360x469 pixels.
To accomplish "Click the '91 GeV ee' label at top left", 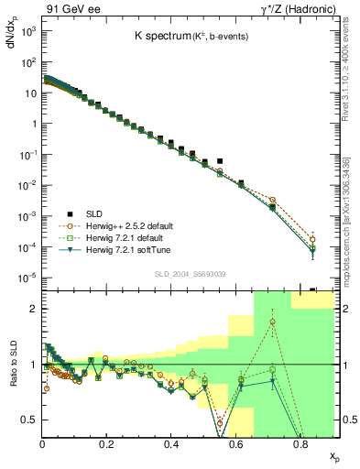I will point(69,9).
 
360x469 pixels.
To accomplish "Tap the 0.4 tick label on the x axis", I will point(171,442).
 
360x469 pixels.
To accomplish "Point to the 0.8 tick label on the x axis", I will point(300,442).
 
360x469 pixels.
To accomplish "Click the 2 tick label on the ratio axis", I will point(33,310).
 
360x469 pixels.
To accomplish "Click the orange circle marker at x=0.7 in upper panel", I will point(272,200).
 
